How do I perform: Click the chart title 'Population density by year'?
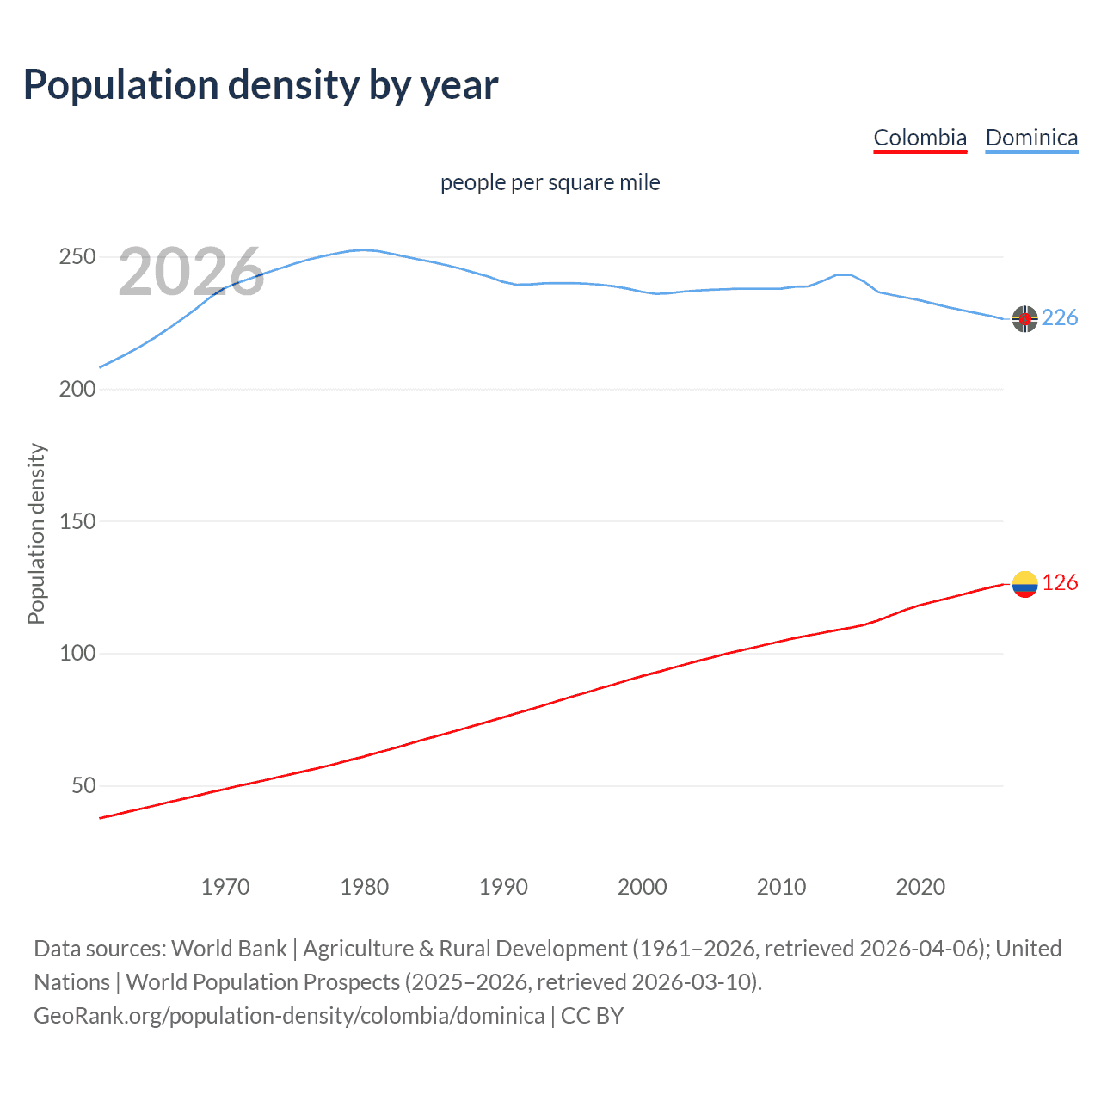tap(261, 84)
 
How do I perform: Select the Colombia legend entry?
tap(920, 138)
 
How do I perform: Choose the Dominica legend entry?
tap(1031, 138)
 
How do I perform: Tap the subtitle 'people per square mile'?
tap(550, 182)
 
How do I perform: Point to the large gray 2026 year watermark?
tap(191, 272)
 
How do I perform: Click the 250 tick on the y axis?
tap(77, 257)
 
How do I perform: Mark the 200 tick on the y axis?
tap(77, 389)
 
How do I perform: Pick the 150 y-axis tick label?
tap(77, 521)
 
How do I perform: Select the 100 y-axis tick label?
tap(77, 654)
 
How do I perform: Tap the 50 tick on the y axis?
tap(83, 785)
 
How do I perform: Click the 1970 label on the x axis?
tap(225, 887)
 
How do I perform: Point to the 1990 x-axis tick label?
tap(503, 887)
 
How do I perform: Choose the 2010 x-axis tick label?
tap(781, 887)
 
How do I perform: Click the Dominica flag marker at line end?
tap(1024, 318)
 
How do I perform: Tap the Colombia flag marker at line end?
tap(1024, 584)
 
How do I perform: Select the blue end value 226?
tap(1060, 318)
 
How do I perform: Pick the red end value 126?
tap(1060, 583)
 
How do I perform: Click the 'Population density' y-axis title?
tap(36, 533)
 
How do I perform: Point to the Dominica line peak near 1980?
tap(364, 249)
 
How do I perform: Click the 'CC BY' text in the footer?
tap(592, 1016)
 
